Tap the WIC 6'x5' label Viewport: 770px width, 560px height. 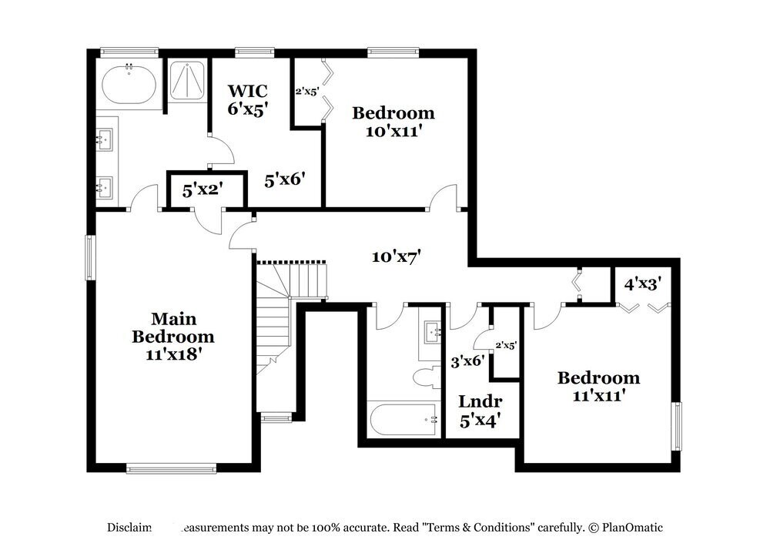tap(247, 99)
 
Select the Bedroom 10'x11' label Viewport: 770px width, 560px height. tap(393, 122)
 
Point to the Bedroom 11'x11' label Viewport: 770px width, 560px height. tap(598, 387)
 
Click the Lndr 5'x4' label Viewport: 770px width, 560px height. tap(480, 411)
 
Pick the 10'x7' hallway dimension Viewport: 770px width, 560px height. tap(396, 257)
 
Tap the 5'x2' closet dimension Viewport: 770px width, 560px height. tap(203, 189)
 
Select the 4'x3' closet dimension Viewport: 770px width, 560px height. tap(642, 283)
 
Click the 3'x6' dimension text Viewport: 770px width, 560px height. tap(467, 360)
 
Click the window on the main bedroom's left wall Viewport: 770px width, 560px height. tap(89, 257)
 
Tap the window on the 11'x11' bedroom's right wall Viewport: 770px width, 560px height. tap(677, 426)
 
